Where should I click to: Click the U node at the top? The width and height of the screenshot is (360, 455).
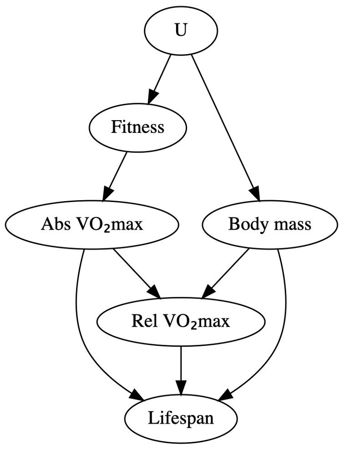pos(181,31)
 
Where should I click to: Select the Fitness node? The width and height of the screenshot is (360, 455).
pos(137,127)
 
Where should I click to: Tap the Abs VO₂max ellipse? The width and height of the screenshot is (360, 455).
pos(92,224)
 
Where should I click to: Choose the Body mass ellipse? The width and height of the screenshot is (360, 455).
pos(269,224)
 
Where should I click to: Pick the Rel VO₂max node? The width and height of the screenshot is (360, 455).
pos(181,322)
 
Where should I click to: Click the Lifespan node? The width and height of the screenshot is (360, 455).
pos(181,418)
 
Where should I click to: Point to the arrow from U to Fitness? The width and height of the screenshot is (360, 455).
pos(160,77)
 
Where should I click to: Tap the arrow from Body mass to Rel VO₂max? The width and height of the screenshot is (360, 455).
pos(226,272)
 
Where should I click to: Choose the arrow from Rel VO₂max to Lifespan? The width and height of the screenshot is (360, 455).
pos(181,369)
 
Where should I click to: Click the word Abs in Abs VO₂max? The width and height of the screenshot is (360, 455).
pos(52,224)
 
